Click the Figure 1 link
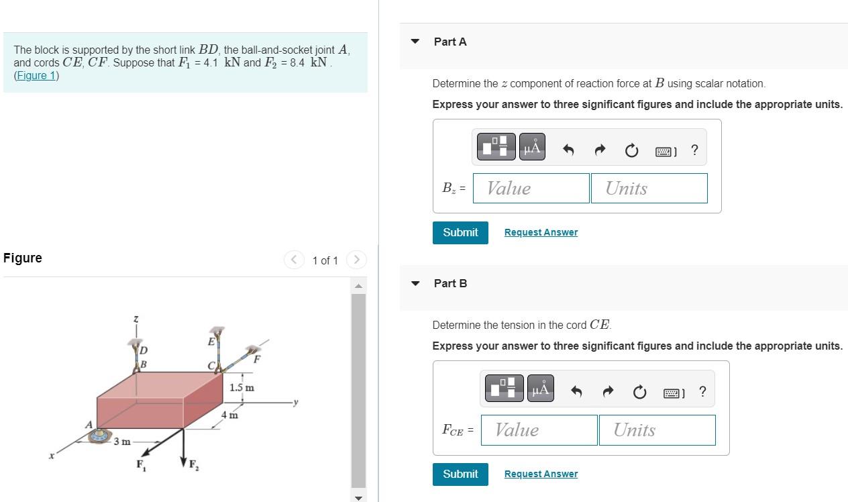(36, 75)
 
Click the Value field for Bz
(531, 189)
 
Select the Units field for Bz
(649, 189)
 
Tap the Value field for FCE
(539, 430)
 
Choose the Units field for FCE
(657, 430)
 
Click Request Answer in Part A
(541, 232)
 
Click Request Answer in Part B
(541, 474)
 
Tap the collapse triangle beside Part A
(415, 42)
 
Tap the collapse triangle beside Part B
(415, 283)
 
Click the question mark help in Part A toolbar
(694, 150)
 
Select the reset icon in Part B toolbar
(639, 392)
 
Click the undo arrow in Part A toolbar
(568, 150)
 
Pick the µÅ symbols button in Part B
(541, 389)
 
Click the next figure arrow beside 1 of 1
(357, 260)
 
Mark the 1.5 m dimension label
(242, 388)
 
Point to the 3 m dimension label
(122, 442)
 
